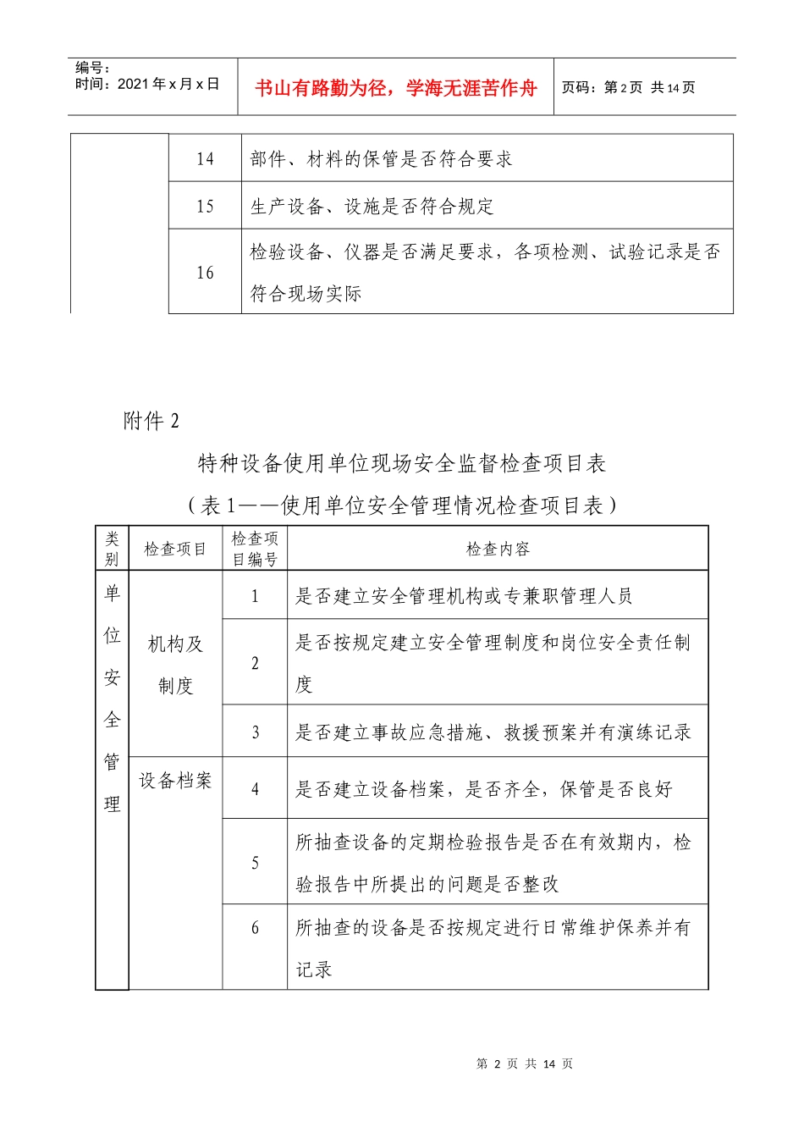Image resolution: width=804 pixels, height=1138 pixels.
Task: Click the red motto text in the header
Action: (x=395, y=88)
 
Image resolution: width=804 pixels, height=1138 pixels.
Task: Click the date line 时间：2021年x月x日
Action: (x=147, y=84)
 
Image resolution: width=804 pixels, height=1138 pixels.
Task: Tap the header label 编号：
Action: (x=93, y=68)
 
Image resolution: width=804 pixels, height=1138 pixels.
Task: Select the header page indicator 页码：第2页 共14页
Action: (x=628, y=88)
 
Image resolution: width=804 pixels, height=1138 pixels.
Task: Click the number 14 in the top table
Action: (x=205, y=159)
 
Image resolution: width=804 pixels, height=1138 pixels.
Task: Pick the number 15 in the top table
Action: (x=205, y=207)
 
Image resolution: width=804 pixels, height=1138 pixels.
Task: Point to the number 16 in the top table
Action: (x=205, y=273)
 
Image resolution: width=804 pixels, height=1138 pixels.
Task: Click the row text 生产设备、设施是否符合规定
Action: (x=372, y=207)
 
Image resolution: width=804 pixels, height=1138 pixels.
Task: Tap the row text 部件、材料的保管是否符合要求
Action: (x=381, y=159)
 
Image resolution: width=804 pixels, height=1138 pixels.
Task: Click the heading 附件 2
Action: (x=151, y=421)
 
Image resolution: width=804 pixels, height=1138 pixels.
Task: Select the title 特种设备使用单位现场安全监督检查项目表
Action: (x=402, y=463)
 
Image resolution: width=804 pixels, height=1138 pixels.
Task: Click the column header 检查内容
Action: (x=498, y=550)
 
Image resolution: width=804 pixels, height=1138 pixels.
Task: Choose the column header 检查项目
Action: (x=175, y=550)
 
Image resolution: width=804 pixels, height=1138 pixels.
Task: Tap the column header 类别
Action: (x=112, y=549)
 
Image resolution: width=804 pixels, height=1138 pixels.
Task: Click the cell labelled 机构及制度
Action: (x=175, y=665)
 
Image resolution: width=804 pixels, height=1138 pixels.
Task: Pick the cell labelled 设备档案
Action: (x=175, y=781)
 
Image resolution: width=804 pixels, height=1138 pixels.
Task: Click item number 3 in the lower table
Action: (x=255, y=732)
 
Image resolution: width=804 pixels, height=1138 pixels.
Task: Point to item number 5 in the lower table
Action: (x=255, y=863)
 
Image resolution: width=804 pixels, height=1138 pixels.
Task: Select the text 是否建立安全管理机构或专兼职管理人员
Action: (x=463, y=596)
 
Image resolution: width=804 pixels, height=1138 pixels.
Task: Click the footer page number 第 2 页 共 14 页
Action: (x=525, y=1063)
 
